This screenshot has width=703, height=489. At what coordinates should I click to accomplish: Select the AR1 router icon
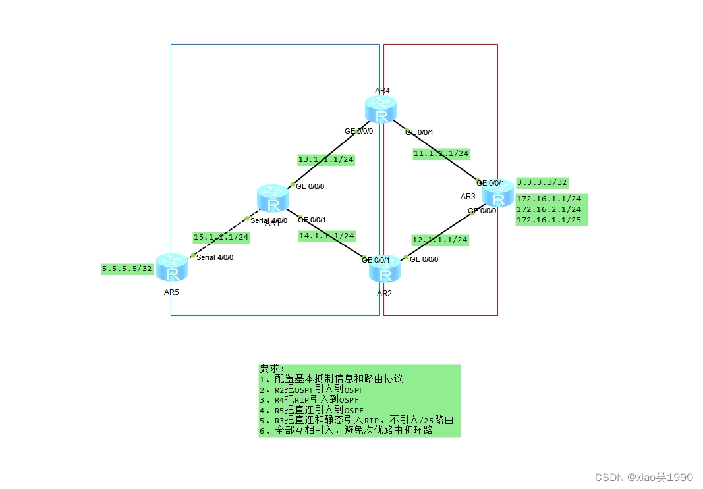pos(272,199)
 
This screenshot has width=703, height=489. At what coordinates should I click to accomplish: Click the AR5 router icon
pos(172,269)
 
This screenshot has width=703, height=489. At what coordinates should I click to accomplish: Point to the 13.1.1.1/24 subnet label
pos(326,159)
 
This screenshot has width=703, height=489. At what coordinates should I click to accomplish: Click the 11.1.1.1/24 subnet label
pos(441,153)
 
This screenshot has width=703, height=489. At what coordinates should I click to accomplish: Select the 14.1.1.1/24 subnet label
pos(327,236)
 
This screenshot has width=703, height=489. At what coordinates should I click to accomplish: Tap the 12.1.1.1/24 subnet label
pos(440,240)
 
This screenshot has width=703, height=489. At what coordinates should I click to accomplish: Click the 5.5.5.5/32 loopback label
pos(127,269)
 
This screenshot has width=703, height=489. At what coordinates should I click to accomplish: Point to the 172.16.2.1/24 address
pos(549,209)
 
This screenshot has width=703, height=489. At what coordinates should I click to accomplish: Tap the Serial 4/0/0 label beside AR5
pos(215,257)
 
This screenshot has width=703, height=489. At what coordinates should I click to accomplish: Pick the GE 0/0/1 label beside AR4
pos(420,132)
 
